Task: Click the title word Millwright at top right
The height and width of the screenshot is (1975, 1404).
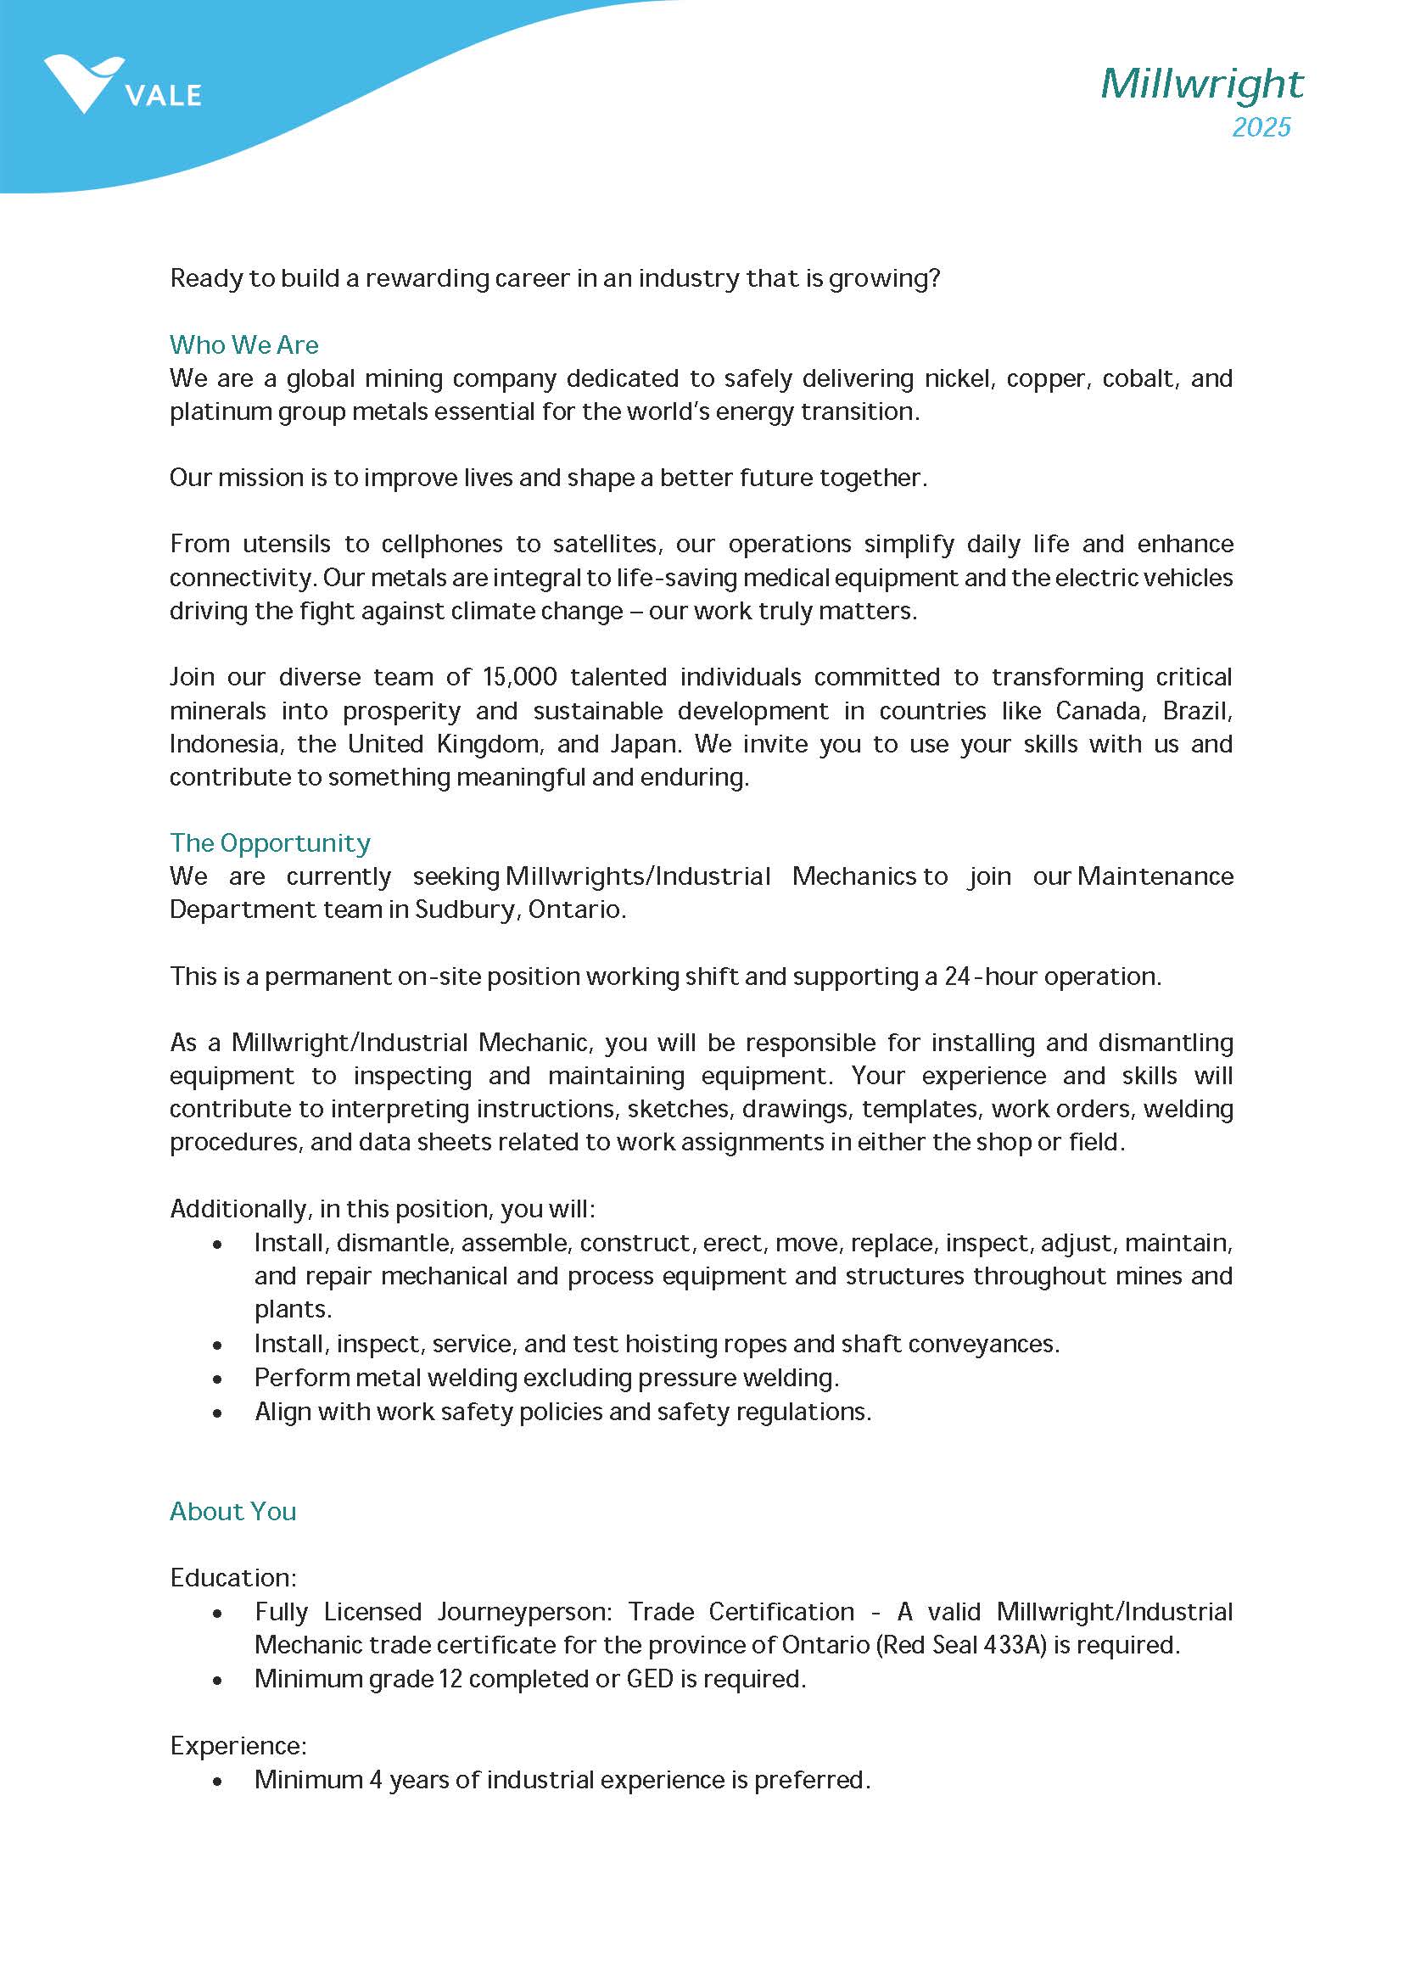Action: pos(1201,84)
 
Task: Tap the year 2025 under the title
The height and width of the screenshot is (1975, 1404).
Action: pos(1261,127)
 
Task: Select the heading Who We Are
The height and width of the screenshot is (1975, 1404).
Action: pos(243,345)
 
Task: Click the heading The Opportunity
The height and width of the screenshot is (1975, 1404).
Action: pos(270,842)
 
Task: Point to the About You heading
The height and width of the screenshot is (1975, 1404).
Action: pos(232,1511)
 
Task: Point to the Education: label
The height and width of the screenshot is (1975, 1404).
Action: pos(232,1577)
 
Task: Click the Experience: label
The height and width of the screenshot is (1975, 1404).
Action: pos(238,1745)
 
